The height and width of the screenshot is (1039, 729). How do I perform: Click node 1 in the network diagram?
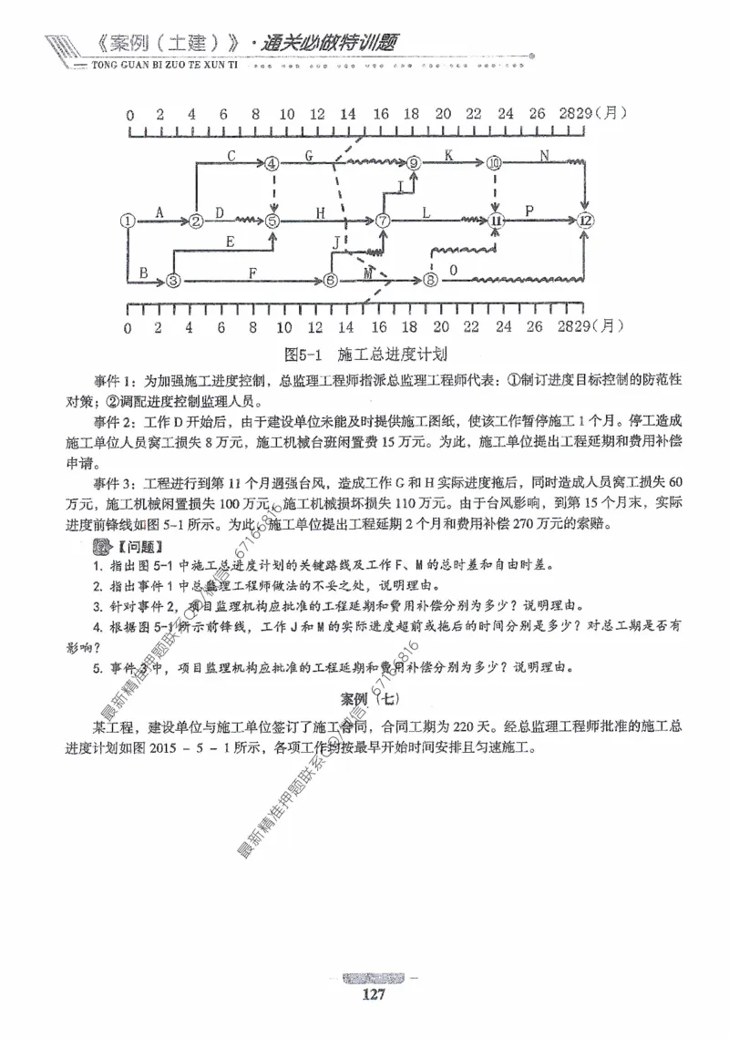click(128, 221)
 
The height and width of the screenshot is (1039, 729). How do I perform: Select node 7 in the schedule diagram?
click(383, 221)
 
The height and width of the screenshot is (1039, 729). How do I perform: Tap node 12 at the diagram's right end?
click(586, 221)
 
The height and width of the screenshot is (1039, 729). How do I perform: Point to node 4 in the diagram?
click(272, 164)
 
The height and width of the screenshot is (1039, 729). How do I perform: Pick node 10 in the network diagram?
click(495, 164)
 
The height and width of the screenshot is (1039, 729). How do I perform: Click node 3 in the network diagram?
click(174, 280)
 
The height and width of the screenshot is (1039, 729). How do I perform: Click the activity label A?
click(159, 212)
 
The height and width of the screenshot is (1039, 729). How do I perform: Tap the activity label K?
click(449, 155)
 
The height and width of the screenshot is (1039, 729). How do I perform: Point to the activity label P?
click(529, 211)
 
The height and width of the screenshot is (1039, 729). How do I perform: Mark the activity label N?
click(544, 155)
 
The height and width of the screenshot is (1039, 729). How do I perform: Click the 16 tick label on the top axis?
click(380, 114)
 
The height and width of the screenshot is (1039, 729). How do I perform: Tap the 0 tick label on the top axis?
click(129, 114)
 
